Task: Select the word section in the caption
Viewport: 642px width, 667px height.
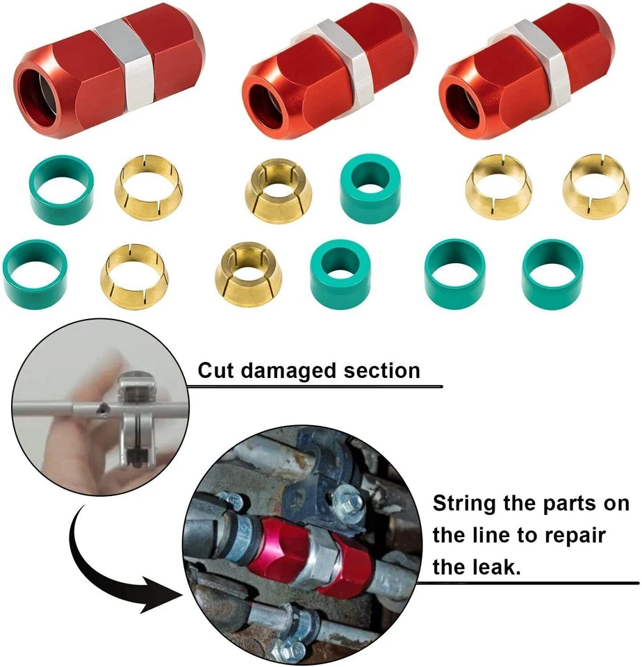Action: tap(382, 370)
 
